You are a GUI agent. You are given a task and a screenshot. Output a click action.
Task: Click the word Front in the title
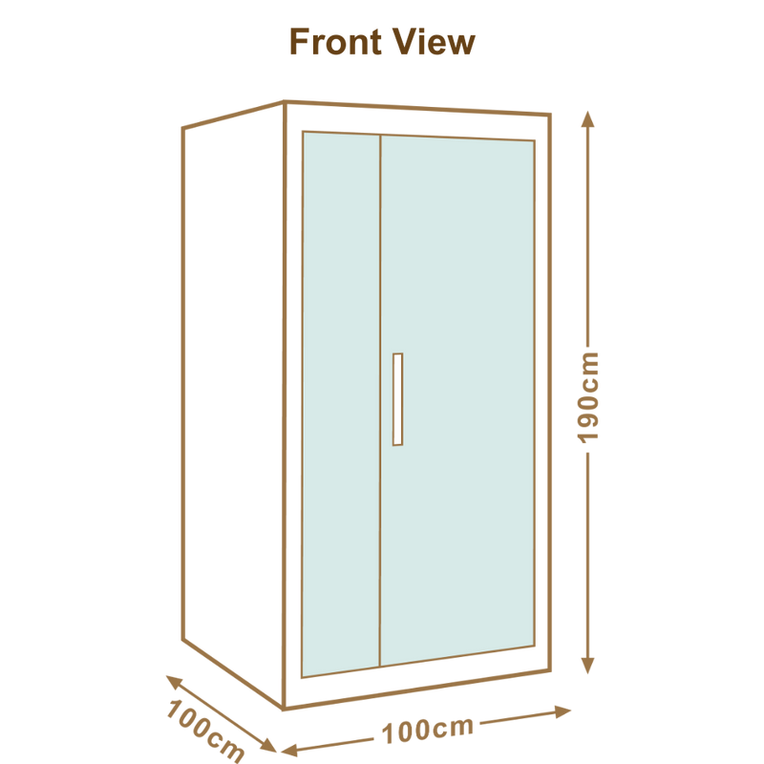pyautogui.click(x=336, y=42)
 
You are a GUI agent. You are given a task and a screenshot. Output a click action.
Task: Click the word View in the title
pyautogui.click(x=434, y=42)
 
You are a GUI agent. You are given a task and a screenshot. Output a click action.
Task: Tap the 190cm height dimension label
pyautogui.click(x=587, y=397)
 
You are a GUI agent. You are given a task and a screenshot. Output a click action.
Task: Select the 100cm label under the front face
pyautogui.click(x=427, y=731)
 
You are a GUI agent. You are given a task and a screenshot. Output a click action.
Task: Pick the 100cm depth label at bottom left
pyautogui.click(x=205, y=731)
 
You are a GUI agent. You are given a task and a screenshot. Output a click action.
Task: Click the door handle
pyautogui.click(x=397, y=399)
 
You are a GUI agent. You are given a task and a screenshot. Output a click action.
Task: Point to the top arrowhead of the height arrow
pyautogui.click(x=587, y=119)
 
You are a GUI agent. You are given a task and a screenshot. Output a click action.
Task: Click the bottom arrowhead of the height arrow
pyautogui.click(x=587, y=666)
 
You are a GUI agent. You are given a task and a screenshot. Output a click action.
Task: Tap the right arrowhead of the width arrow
pyautogui.click(x=563, y=711)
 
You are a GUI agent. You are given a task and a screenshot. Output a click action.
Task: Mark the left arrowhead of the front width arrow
pyautogui.click(x=289, y=750)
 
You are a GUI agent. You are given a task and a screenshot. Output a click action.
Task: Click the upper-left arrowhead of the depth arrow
pyautogui.click(x=174, y=681)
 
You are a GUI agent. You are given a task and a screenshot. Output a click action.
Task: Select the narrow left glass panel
pyautogui.click(x=341, y=404)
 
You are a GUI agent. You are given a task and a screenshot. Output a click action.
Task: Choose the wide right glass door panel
pyautogui.click(x=457, y=399)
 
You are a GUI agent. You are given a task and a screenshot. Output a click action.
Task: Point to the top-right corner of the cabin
pyautogui.click(x=550, y=115)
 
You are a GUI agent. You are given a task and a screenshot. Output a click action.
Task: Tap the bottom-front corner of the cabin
pyautogui.click(x=284, y=708)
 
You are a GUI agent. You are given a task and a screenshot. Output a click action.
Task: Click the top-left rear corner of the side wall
pyautogui.click(x=183, y=128)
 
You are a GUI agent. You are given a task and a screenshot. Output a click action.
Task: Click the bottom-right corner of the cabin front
pyautogui.click(x=550, y=671)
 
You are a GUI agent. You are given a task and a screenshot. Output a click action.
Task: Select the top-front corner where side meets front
pyautogui.click(x=284, y=102)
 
